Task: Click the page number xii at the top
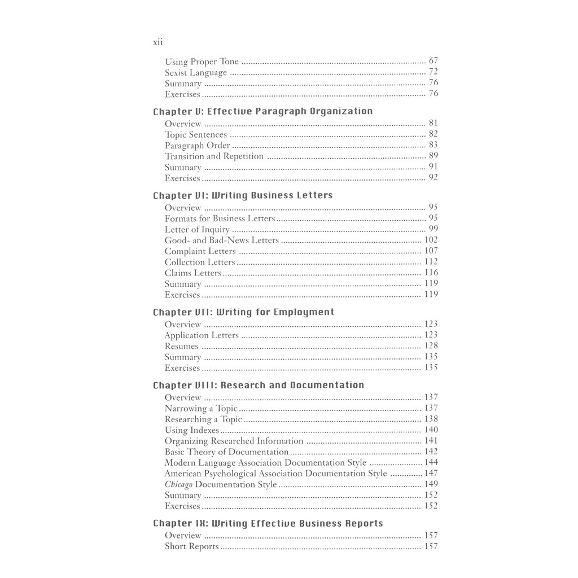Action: tap(158, 42)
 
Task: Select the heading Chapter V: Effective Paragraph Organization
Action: tap(262, 111)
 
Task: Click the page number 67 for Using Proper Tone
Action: tap(433, 61)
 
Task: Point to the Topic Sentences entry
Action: tap(196, 135)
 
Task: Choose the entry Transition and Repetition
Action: tap(214, 156)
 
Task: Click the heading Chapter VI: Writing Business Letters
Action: tap(243, 195)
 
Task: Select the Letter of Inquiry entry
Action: tap(197, 230)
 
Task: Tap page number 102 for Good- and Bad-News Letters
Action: tap(431, 240)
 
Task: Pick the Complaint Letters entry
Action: tap(200, 251)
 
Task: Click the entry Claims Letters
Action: tap(192, 273)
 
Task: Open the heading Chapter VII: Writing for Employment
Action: tap(243, 312)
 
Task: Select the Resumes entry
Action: tap(181, 347)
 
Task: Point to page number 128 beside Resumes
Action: tap(431, 346)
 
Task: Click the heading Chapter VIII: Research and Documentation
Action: tap(259, 386)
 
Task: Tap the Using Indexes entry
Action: tap(191, 430)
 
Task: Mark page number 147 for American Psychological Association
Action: tap(431, 474)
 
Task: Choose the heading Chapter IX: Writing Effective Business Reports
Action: tap(268, 524)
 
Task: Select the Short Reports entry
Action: tap(191, 546)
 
